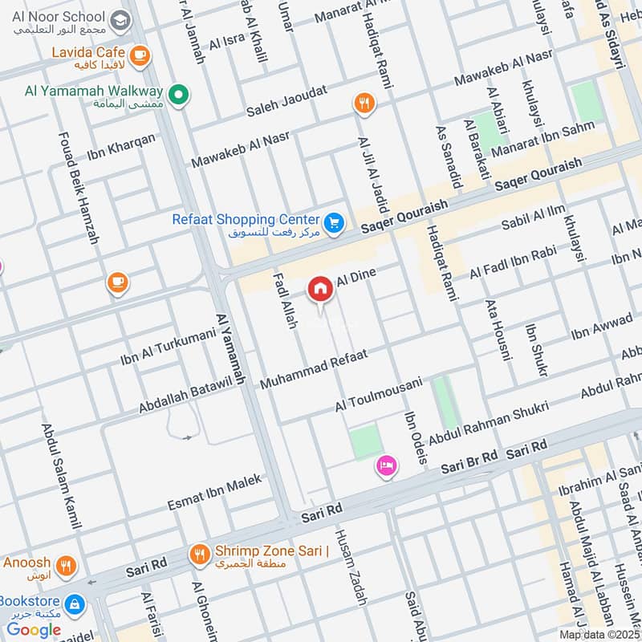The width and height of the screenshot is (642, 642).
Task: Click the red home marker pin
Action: [319, 288]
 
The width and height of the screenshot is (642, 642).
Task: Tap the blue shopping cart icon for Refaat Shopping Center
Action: [335, 222]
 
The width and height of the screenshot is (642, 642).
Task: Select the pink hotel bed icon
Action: [386, 465]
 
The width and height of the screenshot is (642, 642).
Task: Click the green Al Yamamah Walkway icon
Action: [181, 96]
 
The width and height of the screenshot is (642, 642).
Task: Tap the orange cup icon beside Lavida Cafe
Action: [140, 55]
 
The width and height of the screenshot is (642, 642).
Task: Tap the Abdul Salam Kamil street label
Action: [62, 476]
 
